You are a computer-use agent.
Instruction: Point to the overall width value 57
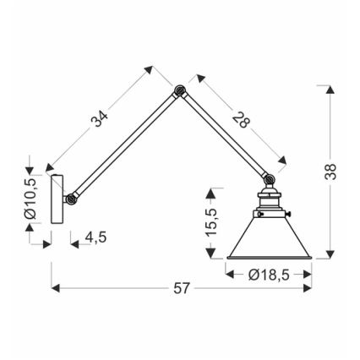tap(181, 289)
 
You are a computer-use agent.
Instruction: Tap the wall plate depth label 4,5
tap(95, 239)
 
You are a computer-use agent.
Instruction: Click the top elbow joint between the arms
tap(179, 90)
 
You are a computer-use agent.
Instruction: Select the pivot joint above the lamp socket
tap(269, 179)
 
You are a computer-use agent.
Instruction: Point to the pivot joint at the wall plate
tap(71, 199)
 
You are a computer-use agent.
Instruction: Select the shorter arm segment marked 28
tap(224, 135)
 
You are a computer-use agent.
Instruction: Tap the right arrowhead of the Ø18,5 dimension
tap(311, 272)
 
